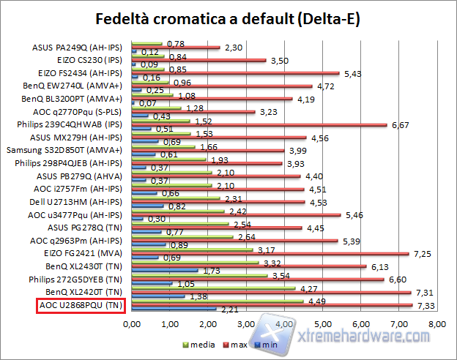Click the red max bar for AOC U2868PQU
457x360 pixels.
272,304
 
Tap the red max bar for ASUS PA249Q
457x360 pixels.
175,48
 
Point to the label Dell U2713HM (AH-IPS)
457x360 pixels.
81,201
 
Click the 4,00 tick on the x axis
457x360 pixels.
284,323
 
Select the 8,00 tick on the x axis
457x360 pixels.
437,323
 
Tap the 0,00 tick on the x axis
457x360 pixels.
132,323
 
